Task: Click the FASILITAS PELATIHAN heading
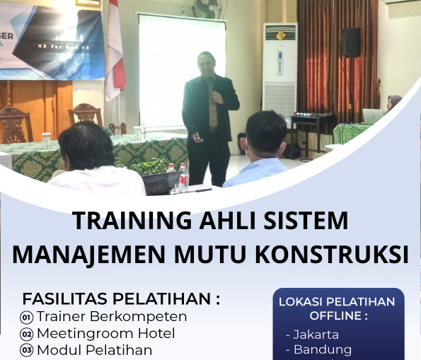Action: pos(121,298)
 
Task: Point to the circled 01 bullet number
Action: pos(27,317)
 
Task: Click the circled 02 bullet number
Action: pos(27,334)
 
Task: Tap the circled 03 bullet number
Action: pos(27,350)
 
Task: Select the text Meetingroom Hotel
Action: pos(105,333)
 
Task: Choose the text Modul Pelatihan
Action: pos(94,350)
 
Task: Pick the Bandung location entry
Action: pos(318,350)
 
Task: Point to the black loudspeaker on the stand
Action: pos(351,42)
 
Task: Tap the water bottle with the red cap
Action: pos(183,177)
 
